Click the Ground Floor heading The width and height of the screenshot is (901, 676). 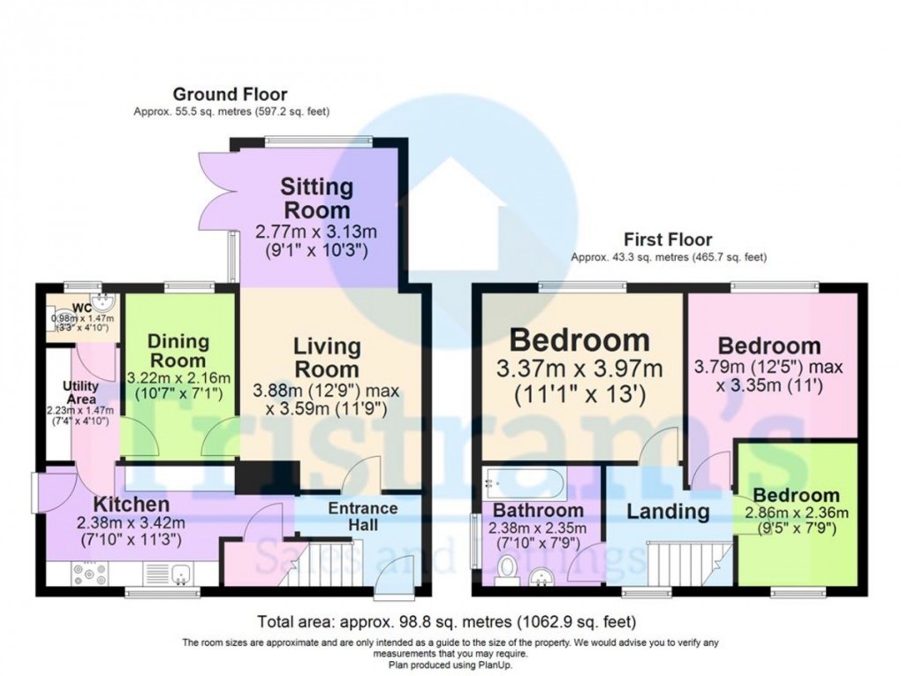230,94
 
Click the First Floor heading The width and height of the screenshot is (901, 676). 668,239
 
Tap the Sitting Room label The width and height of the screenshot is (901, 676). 317,199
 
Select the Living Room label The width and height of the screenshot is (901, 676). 326,357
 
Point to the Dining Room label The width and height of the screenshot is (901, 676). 178,350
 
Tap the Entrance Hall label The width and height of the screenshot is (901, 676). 362,516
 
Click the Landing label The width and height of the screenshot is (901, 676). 668,511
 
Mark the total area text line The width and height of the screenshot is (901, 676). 446,620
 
